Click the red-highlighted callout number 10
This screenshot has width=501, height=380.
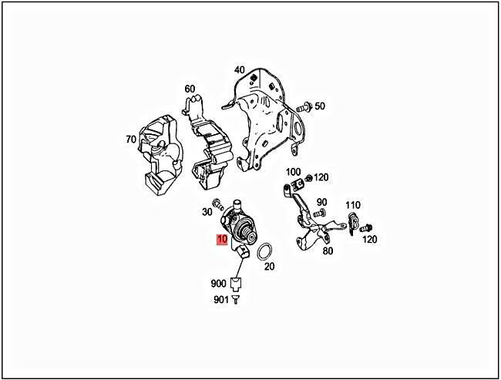coord(222,240)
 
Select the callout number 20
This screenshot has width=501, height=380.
coord(269,267)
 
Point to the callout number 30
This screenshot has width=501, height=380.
coord(207,212)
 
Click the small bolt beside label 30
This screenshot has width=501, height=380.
coord(219,205)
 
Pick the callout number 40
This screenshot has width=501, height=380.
coord(240,70)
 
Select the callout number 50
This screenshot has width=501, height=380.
coord(320,106)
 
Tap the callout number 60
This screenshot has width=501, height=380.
coord(190,89)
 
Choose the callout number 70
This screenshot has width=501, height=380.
coord(131,140)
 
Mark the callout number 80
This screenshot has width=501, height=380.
coord(328,251)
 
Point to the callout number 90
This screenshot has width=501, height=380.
coord(321,202)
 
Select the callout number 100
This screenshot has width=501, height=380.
coord(293,171)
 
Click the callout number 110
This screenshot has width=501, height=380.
coord(353,205)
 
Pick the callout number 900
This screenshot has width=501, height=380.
coord(217,283)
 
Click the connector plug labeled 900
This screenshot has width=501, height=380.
coord(237,282)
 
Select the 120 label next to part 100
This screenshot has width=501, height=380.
coord(321,177)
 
